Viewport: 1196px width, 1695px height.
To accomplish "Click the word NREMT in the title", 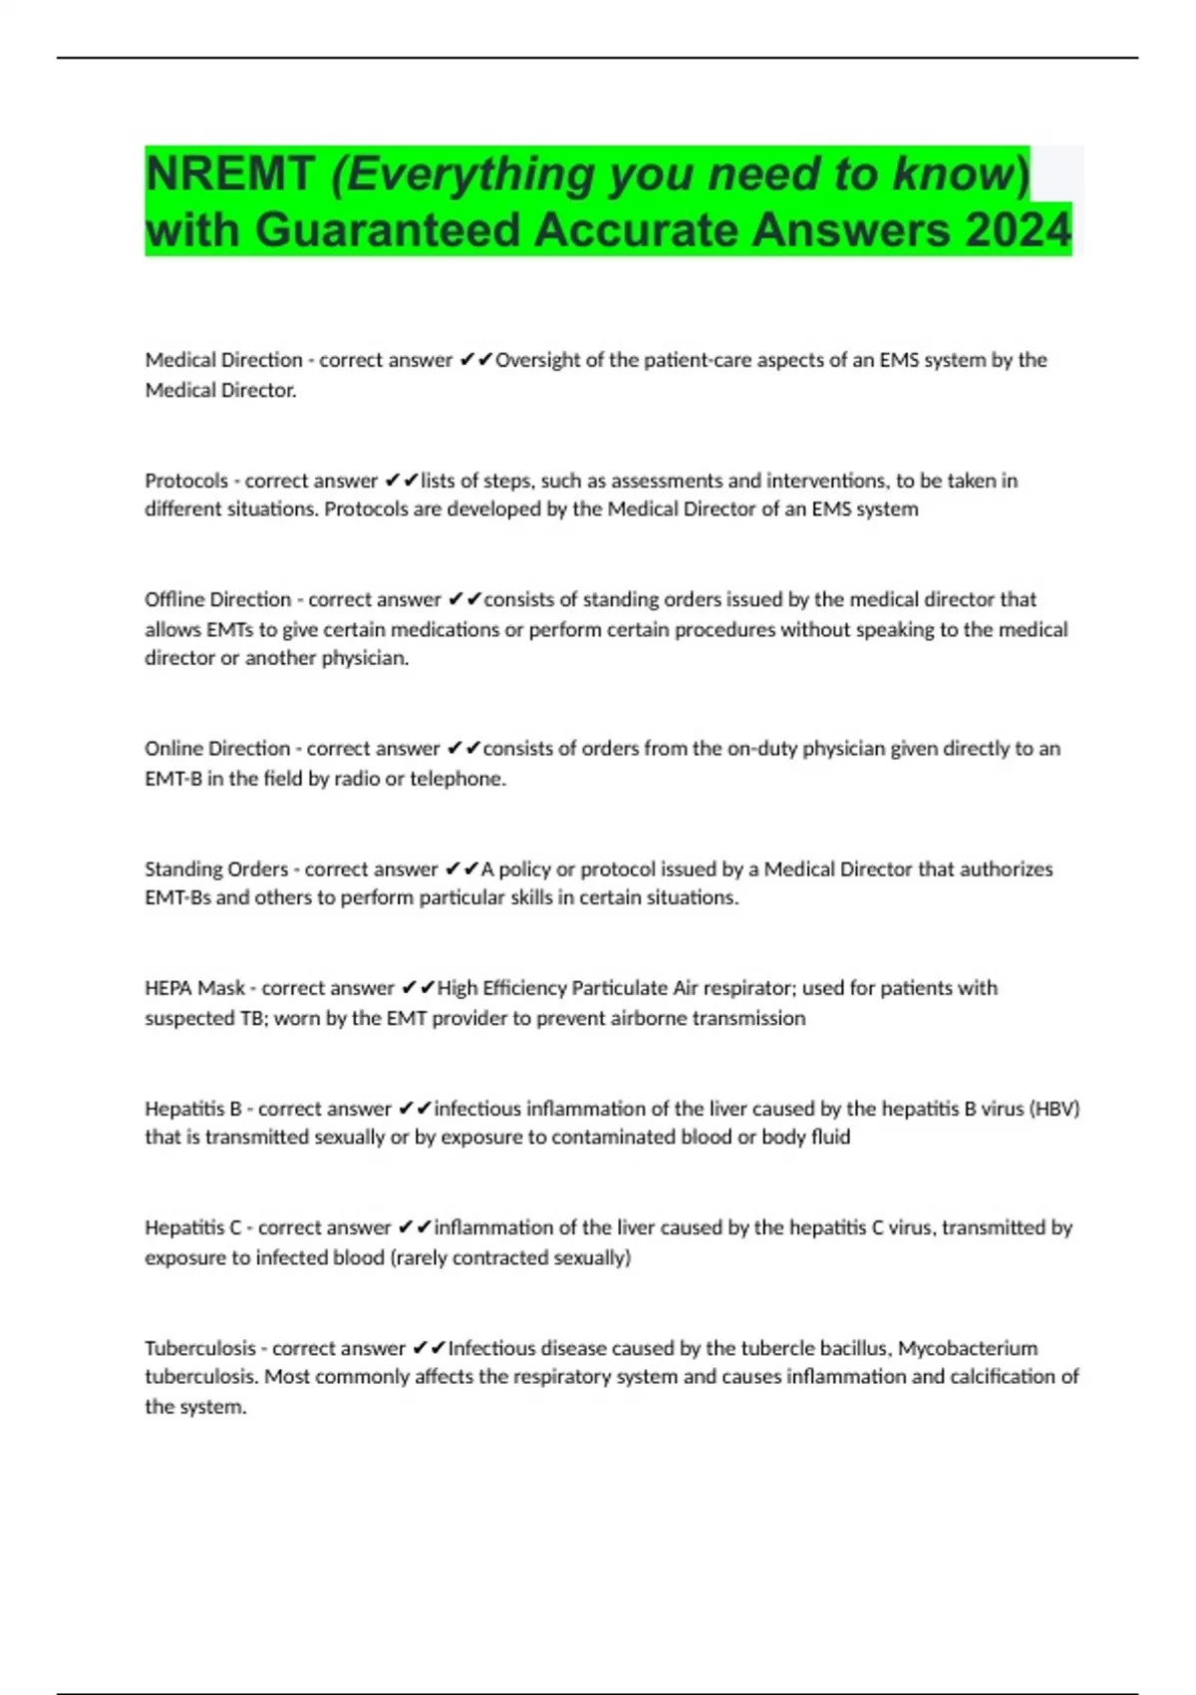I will click(x=229, y=173).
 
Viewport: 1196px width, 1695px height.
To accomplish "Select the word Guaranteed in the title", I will click(x=388, y=230).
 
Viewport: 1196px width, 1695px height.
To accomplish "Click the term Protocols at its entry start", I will click(x=186, y=481).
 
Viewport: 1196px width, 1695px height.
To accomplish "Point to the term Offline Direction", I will click(x=218, y=599).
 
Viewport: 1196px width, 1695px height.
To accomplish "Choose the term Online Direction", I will click(x=217, y=749).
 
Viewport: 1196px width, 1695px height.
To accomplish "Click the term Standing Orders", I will click(x=216, y=869).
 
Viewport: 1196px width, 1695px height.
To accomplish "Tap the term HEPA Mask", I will click(x=194, y=988).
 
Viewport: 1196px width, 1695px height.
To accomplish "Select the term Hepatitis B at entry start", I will click(x=193, y=1109).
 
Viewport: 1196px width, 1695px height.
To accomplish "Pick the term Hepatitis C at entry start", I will click(x=193, y=1227).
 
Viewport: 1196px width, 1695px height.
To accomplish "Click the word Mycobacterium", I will click(x=968, y=1348).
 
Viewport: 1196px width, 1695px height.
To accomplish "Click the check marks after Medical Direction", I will click(x=476, y=360).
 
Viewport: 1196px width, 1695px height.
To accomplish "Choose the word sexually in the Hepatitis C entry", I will click(x=587, y=1257).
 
